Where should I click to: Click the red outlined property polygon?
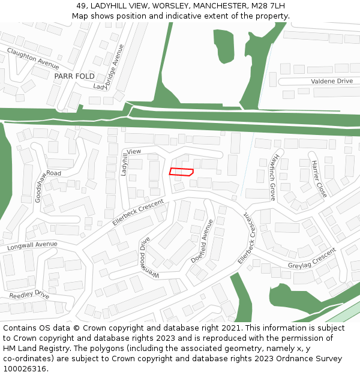181,172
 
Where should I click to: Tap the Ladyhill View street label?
131,162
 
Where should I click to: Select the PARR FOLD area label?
74,77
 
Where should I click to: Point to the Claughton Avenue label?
32,60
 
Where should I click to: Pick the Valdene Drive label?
331,81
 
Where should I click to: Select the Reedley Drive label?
29,295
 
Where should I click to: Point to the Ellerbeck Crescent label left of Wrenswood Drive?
137,212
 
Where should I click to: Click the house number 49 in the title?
82,6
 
